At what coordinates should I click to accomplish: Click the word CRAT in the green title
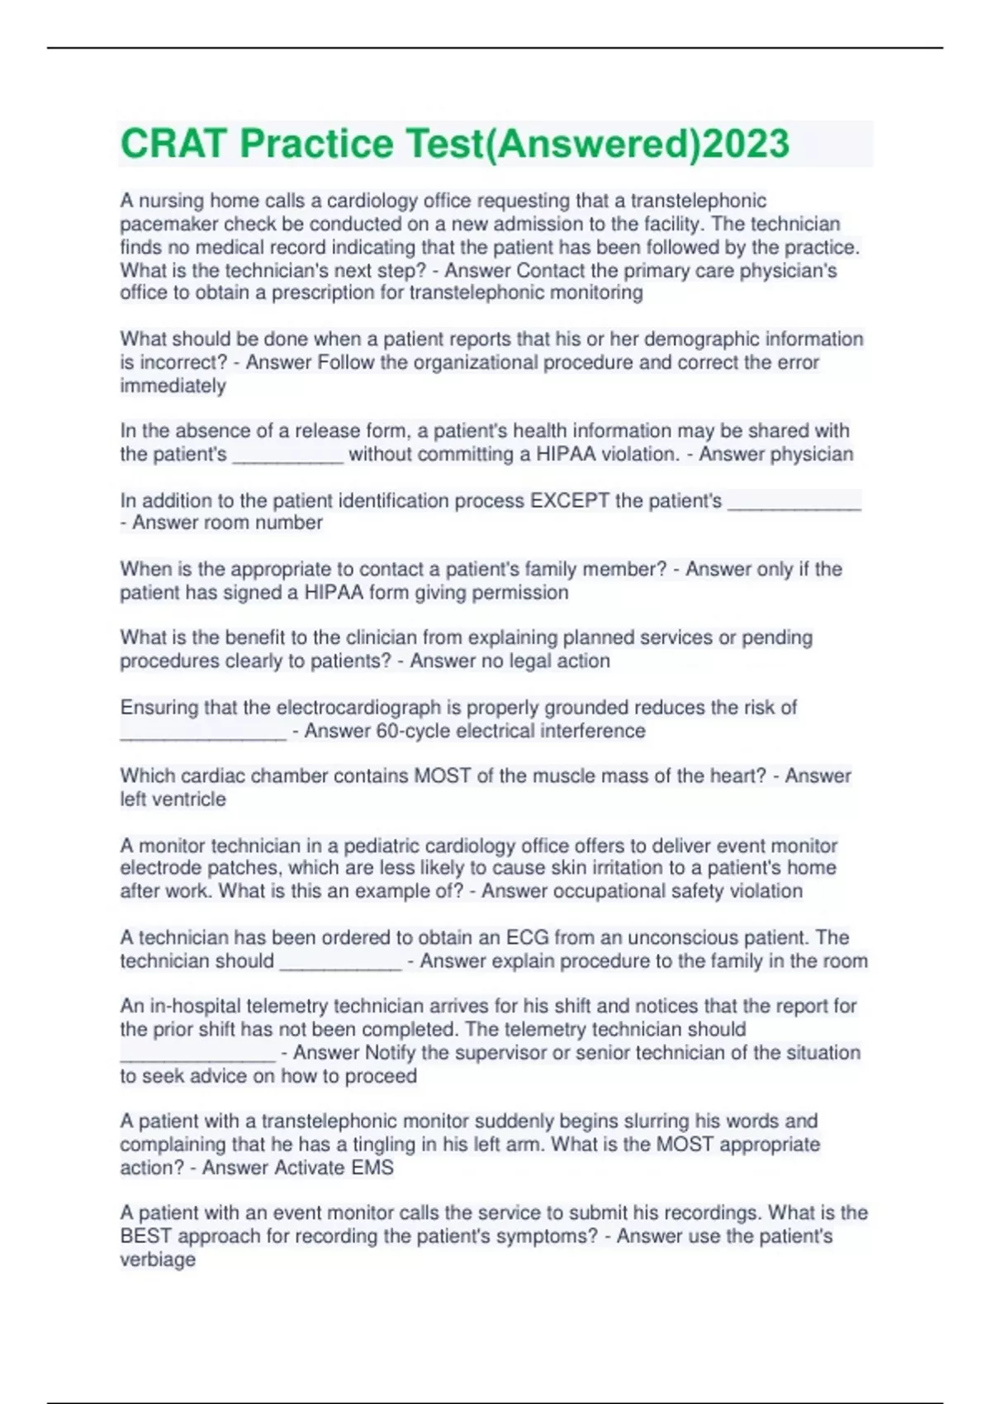[x=173, y=144]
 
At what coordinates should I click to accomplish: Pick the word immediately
[x=173, y=386]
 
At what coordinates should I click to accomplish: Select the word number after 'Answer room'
[x=289, y=523]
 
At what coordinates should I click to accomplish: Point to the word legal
[x=510, y=661]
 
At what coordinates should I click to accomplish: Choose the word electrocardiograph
[x=358, y=707]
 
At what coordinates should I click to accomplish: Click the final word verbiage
[x=158, y=1259]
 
